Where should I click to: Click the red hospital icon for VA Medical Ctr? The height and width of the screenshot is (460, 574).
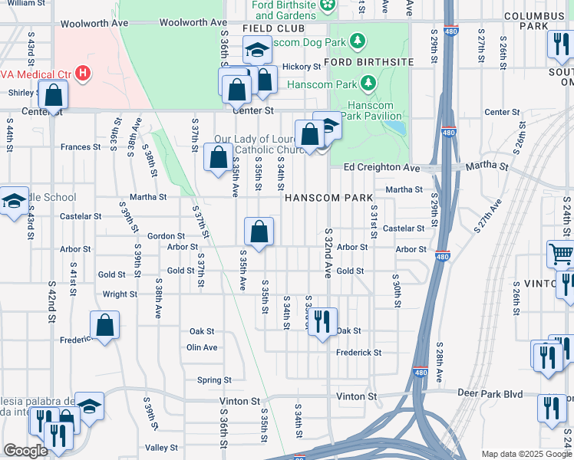(x=83, y=74)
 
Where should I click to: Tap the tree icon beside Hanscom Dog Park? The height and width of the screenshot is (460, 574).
(x=356, y=40)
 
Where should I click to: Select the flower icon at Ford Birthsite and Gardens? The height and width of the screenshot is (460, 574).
(x=328, y=6)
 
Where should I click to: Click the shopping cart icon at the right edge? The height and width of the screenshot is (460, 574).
(x=561, y=254)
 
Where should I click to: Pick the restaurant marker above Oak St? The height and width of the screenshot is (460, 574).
(x=322, y=321)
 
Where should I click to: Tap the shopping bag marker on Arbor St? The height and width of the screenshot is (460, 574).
(x=259, y=231)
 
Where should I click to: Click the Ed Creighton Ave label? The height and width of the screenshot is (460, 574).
(x=381, y=167)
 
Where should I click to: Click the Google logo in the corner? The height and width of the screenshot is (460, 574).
(x=25, y=451)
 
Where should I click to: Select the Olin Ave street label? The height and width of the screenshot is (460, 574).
(x=202, y=347)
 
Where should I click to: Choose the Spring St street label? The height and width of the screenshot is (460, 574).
(x=214, y=380)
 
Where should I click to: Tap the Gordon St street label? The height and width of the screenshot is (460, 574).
(x=167, y=236)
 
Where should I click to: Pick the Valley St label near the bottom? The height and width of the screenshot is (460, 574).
(x=162, y=448)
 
